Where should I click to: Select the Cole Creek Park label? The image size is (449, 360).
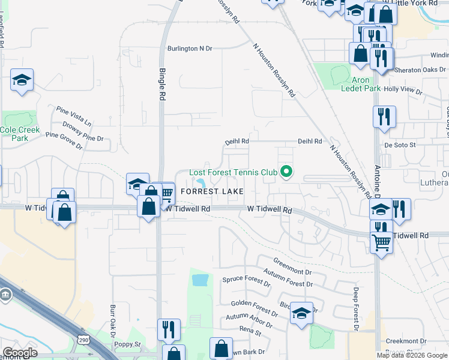coord(20,134)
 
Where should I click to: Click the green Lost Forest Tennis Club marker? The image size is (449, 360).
coord(287,173)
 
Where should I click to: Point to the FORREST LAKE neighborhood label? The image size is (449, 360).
coord(212,191)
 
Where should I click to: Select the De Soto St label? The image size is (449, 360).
coord(400,145)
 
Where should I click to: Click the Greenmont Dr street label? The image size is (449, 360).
coord(293,265)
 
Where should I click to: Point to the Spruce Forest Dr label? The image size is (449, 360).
coord(246,280)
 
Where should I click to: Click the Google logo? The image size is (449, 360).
coord(20,353)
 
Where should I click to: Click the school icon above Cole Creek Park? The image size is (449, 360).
coord(22,80)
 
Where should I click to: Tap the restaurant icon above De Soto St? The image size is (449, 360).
coord(384,116)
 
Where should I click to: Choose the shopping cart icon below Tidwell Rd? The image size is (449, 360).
coord(382,243)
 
